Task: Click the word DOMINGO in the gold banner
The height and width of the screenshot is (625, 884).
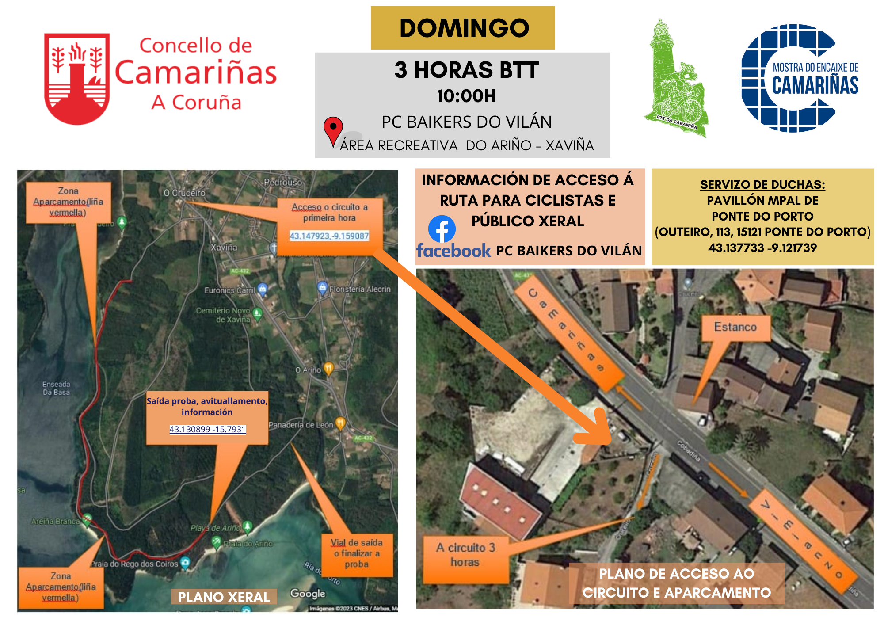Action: point(464,28)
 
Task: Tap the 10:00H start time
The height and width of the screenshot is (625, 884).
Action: point(466,96)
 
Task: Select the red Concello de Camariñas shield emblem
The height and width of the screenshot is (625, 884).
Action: point(77,79)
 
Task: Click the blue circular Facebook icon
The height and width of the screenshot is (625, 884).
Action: point(442,229)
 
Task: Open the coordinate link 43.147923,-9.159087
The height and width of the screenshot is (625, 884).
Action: point(329,236)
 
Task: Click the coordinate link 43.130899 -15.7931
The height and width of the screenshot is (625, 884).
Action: point(207,429)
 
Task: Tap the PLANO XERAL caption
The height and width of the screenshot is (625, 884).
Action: point(224,597)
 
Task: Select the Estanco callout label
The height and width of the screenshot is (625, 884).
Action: point(735,327)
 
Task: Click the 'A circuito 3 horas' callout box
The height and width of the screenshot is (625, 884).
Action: point(465,555)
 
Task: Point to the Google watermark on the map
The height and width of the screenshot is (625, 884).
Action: point(307,594)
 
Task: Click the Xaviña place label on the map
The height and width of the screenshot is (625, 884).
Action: point(224,248)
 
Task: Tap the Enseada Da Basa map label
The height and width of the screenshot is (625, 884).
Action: point(56,388)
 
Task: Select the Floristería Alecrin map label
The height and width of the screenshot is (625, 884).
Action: point(360,289)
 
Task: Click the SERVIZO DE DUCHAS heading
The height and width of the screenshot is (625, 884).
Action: point(762,185)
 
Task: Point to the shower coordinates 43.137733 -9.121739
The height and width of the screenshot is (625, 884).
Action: point(762,248)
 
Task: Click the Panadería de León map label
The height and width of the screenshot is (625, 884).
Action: point(301,425)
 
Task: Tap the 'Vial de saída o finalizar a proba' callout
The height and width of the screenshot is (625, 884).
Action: point(357,553)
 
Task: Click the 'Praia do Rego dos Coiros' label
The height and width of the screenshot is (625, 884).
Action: point(134,564)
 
